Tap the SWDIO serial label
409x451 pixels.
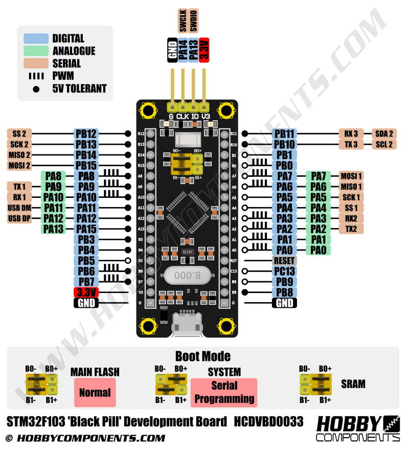click(x=194, y=21)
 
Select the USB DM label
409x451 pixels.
click(x=19, y=208)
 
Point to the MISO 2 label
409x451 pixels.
click(x=19, y=155)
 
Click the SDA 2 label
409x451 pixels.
click(x=383, y=134)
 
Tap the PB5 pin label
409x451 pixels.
click(x=86, y=261)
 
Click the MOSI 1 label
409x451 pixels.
click(x=351, y=176)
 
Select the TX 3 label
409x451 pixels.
click(x=351, y=145)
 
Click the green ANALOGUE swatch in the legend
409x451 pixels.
click(x=36, y=51)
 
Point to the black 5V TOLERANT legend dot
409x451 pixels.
click(x=36, y=88)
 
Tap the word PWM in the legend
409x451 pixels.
click(x=63, y=76)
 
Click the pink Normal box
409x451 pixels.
click(x=95, y=393)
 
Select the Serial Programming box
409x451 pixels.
click(x=224, y=392)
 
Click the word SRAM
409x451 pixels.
click(x=353, y=384)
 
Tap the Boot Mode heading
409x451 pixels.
click(x=203, y=356)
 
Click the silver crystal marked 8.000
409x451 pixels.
click(x=187, y=275)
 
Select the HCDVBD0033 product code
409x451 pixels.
click(x=269, y=422)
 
